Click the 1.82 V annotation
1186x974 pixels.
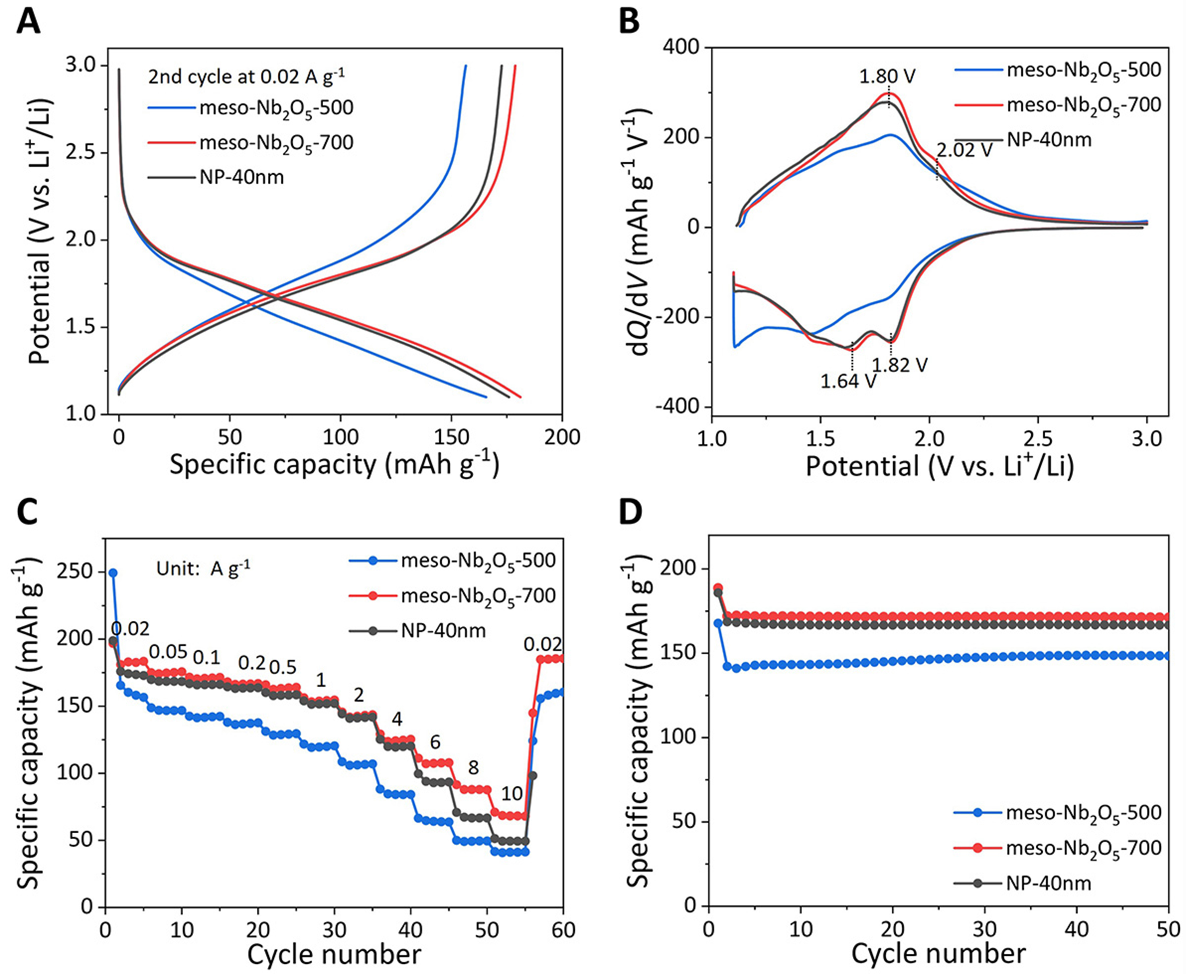(x=899, y=365)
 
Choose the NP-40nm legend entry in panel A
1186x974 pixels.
(x=241, y=177)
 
